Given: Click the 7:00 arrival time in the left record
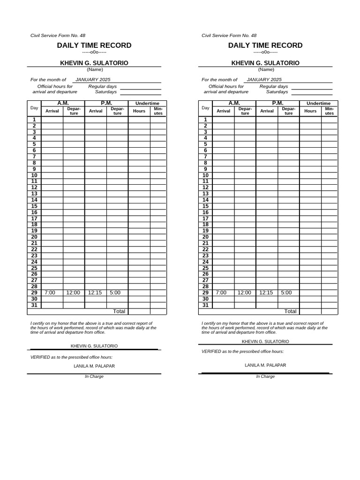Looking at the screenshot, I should pyautogui.click(x=50, y=292).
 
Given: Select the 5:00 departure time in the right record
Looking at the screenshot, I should pyautogui.click(x=286, y=292).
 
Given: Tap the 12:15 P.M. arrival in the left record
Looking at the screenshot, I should pyautogui.click(x=95, y=292).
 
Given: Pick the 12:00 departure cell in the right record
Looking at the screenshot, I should pyautogui.click(x=244, y=292).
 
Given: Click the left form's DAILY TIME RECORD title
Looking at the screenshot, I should pyautogui.click(x=94, y=45).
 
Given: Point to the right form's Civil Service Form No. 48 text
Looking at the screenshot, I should pyautogui.click(x=229, y=36).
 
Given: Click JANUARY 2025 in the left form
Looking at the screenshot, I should pyautogui.click(x=93, y=80).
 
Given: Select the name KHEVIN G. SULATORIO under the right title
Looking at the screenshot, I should pyautogui.click(x=265, y=63).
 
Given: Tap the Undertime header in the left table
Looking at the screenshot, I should pyautogui.click(x=147, y=103).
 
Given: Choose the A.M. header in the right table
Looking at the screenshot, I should pyautogui.click(x=234, y=103).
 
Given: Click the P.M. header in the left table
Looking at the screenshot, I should pyautogui.click(x=106, y=103).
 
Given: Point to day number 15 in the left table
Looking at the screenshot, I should pyautogui.click(x=34, y=206).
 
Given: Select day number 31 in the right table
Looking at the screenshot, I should pyautogui.click(x=205, y=305).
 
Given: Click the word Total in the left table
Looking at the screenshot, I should pyautogui.click(x=120, y=311).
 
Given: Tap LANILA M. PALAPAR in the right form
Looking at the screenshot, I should pyautogui.click(x=265, y=365).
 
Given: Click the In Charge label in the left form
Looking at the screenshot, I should pyautogui.click(x=94, y=376).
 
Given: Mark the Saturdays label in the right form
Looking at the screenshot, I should pyautogui.click(x=277, y=92).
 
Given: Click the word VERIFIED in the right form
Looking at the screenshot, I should pyautogui.click(x=212, y=351).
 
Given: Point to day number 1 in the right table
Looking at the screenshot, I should pyautogui.click(x=205, y=120).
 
